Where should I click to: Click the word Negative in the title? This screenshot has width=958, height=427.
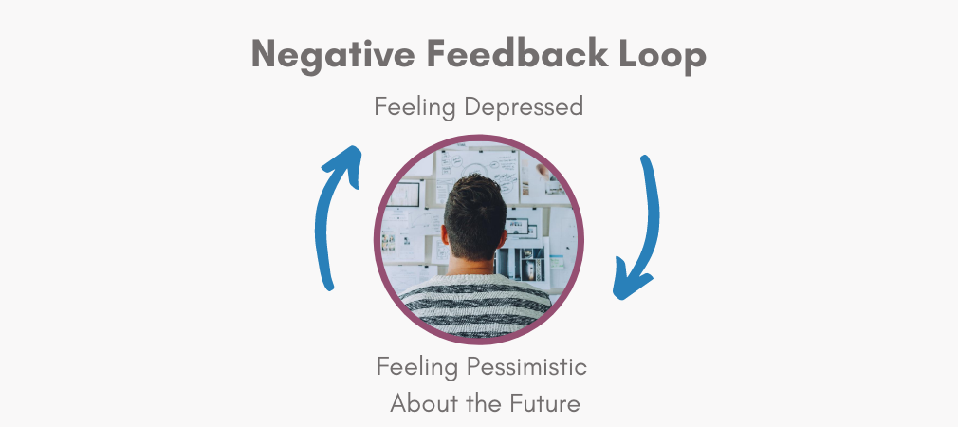(x=333, y=55)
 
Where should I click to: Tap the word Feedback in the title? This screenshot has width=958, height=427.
(x=517, y=53)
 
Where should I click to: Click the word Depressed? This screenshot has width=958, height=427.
(x=524, y=106)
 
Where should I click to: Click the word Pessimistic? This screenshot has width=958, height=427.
(x=526, y=367)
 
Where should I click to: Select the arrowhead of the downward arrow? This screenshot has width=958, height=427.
(x=628, y=282)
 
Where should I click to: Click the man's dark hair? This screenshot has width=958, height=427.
(x=474, y=213)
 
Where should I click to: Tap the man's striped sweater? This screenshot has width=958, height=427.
(x=475, y=306)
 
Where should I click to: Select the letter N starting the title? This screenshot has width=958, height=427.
(x=266, y=54)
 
